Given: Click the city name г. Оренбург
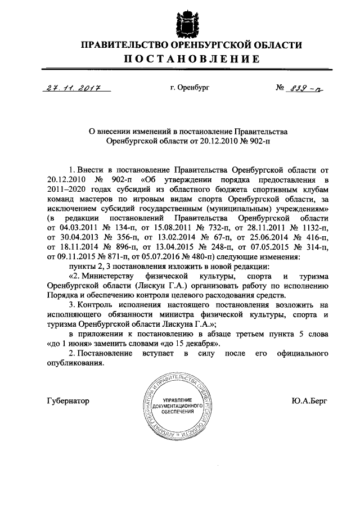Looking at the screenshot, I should (189, 88).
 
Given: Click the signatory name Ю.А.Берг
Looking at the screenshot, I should (309, 401).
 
